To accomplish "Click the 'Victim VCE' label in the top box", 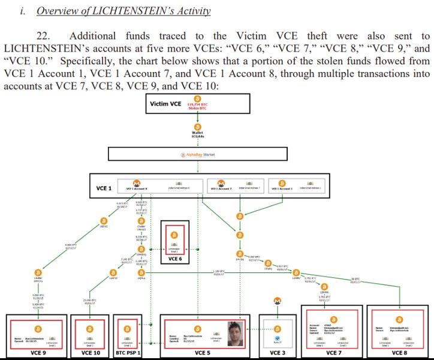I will point(165,104).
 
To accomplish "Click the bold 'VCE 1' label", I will point(104,188).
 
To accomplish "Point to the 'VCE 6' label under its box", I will point(175,259).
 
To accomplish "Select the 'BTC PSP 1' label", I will point(126,353).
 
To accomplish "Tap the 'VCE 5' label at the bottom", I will point(203,353).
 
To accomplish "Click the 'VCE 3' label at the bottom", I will point(277,353).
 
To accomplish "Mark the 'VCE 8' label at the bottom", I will point(399,353).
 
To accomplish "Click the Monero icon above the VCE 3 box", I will point(277,301).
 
